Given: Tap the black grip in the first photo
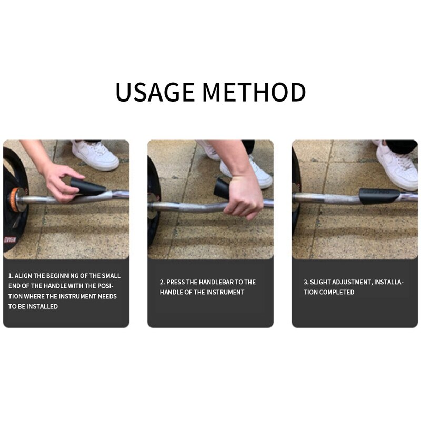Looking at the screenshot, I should coord(87,186).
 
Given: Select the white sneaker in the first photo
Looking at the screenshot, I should coord(95,155).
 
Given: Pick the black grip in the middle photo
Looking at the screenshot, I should coord(223,188).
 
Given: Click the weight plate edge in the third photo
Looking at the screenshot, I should coord(295,200).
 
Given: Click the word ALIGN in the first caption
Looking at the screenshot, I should coord(24,276).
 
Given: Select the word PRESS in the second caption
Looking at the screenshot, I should coord(176,282).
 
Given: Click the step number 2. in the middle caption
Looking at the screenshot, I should coord(163,282).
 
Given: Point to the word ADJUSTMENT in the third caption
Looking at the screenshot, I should coord(353,282).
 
